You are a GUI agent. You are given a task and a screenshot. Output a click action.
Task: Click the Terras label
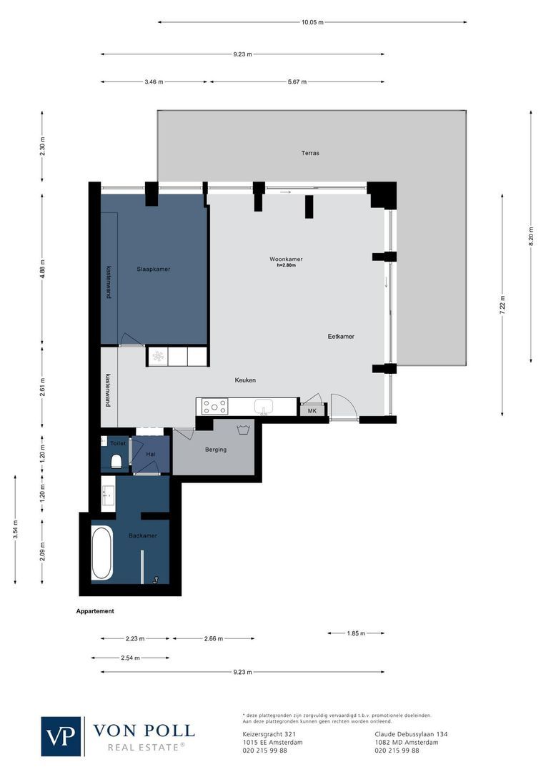tap(310, 153)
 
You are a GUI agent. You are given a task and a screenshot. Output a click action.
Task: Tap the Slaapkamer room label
tap(153, 269)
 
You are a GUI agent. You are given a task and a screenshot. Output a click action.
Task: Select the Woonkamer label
tap(286, 259)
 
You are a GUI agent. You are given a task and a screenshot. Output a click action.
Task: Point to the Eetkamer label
tap(341, 336)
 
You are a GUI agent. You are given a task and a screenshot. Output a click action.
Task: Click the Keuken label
tap(245, 380)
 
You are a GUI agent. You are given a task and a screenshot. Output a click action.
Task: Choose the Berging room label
tap(215, 450)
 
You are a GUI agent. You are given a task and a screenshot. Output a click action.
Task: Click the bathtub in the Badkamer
tap(102, 554)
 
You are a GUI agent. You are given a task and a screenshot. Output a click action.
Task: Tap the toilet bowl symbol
tap(116, 460)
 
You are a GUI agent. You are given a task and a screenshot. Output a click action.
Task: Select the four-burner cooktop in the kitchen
tap(215, 407)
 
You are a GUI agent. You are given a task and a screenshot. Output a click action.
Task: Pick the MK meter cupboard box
tap(312, 410)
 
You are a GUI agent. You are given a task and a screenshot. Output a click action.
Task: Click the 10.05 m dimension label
tap(312, 22)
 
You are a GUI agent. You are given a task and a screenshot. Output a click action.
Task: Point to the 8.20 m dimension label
tap(530, 237)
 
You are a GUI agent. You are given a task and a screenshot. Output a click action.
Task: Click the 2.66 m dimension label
tap(213, 638)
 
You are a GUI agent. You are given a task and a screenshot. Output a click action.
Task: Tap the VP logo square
tap(61, 736)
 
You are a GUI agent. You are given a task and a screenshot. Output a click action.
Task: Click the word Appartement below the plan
tap(95, 611)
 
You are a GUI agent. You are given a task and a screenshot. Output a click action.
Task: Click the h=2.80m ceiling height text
tap(286, 265)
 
